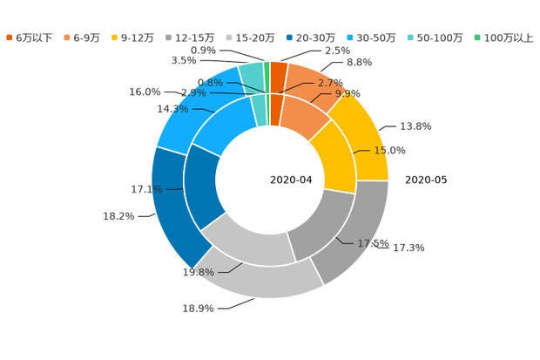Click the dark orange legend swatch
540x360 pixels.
(x=9, y=37)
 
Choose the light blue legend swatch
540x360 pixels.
(x=349, y=37)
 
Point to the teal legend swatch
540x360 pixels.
(x=411, y=37)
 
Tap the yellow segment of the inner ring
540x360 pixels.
(x=333, y=157)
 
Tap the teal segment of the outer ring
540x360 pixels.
(x=250, y=75)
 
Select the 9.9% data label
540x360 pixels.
(x=348, y=93)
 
